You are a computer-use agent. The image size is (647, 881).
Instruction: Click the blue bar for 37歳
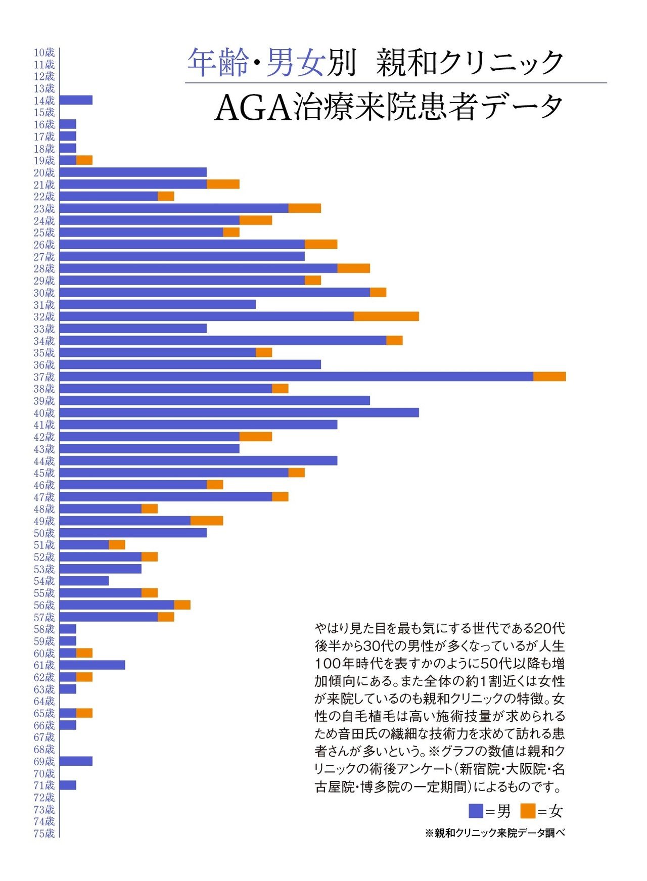tap(296, 377)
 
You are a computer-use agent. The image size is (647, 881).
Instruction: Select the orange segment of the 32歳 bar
tap(386, 316)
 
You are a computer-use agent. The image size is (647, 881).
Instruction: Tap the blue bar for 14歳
tap(76, 100)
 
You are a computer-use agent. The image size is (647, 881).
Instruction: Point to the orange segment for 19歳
tap(84, 160)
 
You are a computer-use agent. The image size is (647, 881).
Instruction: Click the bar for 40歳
tap(239, 412)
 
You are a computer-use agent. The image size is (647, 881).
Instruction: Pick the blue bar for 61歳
tap(93, 665)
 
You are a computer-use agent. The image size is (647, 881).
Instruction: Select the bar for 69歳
tap(76, 761)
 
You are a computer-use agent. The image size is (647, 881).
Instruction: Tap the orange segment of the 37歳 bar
tap(549, 377)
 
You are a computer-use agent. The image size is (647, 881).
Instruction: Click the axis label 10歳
tap(44, 53)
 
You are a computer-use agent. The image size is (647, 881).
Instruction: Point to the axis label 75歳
tap(44, 833)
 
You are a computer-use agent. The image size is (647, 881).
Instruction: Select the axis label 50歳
tap(44, 533)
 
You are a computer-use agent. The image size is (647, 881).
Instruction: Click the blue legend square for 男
tap(476, 811)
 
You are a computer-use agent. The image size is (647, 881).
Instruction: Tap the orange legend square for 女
tap(528, 811)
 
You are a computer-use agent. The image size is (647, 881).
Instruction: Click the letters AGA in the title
tap(254, 108)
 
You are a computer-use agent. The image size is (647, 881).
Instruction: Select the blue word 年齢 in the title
tap(218, 63)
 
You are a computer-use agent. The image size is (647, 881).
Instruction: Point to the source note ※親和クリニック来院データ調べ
tap(495, 833)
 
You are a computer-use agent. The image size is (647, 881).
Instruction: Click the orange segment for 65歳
tap(84, 713)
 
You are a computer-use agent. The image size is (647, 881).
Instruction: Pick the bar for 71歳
tap(68, 785)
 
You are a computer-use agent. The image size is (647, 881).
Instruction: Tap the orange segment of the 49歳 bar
tap(207, 521)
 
